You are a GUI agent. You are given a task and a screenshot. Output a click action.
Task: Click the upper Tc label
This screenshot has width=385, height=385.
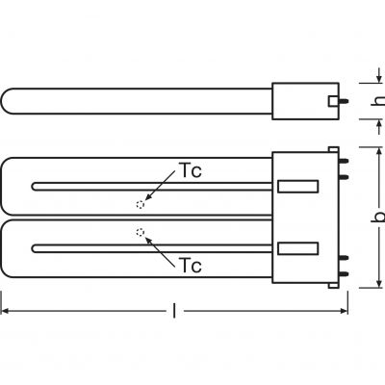(191, 170)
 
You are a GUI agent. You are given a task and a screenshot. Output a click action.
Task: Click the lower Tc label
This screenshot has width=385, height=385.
(191, 265)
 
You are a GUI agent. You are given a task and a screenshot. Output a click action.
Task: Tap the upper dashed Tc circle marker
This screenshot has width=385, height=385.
(141, 204)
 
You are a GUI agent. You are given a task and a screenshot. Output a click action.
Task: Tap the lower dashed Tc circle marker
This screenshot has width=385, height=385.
(141, 232)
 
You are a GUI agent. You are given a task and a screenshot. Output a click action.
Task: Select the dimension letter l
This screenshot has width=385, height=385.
(174, 311)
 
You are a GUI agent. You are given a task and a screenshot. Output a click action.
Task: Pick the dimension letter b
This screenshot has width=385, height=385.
(379, 218)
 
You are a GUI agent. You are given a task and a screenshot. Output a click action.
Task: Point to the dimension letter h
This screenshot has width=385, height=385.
(379, 100)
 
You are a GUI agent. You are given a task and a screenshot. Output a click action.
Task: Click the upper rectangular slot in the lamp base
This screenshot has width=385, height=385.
(297, 187)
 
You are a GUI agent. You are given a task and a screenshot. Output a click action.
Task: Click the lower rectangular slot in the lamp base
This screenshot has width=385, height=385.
(297, 248)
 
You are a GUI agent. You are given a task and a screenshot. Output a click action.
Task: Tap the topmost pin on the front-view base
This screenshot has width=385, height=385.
(344, 161)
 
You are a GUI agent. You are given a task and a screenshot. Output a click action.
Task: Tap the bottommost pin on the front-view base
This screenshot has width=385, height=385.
(344, 273)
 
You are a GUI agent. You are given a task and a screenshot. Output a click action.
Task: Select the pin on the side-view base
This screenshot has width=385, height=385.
(344, 101)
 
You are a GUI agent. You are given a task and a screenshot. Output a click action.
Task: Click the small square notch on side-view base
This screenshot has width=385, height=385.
(333, 101)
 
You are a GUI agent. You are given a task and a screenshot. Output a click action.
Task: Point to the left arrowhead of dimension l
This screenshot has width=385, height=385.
(5, 311)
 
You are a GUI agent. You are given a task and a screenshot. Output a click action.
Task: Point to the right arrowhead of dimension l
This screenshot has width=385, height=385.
(345, 311)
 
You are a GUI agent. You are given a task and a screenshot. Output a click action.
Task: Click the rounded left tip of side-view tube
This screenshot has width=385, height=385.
(2, 101)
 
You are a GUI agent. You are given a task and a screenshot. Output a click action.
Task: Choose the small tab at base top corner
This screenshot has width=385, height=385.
(333, 149)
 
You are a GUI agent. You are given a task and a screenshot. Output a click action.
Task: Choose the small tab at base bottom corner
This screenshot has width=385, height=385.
(333, 285)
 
